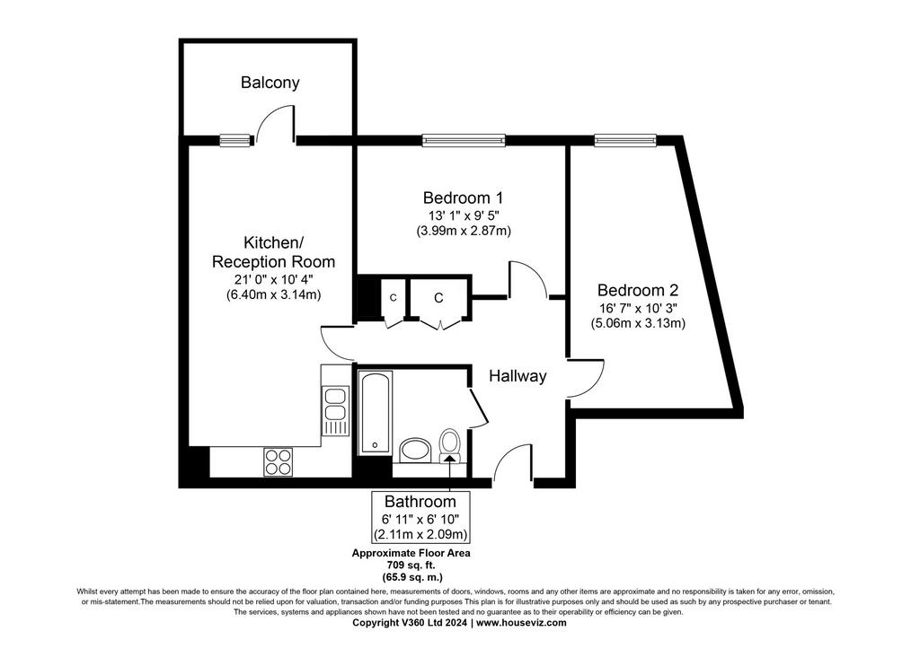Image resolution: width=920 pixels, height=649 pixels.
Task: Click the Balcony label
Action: pos(270,83)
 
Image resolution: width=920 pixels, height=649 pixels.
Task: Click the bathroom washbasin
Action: pos(416,450)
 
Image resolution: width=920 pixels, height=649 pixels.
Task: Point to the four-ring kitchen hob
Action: pos(279,461)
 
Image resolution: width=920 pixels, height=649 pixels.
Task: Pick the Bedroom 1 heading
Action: pos(463,197)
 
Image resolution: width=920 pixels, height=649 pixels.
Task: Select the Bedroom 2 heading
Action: pos(638,290)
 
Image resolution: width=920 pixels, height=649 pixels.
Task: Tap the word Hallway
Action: pos(517,376)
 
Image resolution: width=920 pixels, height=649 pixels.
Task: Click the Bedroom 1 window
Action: pos(464,140)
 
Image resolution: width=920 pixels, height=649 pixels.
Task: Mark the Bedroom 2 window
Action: pos(625,140)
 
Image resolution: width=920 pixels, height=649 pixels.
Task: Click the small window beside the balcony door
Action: pos(234,140)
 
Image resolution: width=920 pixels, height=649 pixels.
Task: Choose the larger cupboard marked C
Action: pos(438,298)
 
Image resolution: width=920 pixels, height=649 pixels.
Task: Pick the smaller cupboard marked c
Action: pos(394,298)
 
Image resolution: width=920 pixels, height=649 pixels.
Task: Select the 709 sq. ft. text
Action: pos(411,565)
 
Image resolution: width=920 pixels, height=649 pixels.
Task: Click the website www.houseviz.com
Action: pos(521,623)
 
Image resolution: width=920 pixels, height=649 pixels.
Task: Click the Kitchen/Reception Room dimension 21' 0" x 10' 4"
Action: pos(273,280)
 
